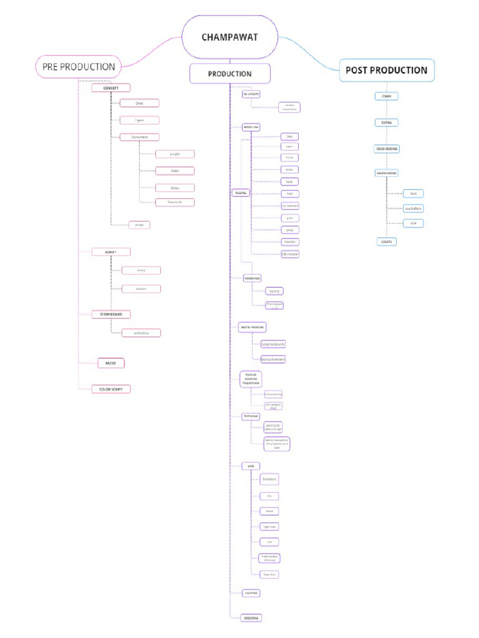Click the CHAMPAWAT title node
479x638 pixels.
(x=230, y=37)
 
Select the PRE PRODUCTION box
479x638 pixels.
(x=79, y=67)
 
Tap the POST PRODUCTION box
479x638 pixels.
(x=387, y=70)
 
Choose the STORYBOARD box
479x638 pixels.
(x=111, y=314)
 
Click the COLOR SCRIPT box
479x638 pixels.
(x=111, y=389)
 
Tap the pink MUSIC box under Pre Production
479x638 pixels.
(x=111, y=363)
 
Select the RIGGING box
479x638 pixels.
(x=240, y=193)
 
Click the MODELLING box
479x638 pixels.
(x=251, y=126)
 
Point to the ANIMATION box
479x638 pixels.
(x=252, y=278)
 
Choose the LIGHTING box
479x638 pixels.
(x=251, y=593)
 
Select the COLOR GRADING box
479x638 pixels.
(x=387, y=149)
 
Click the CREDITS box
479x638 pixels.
(x=387, y=241)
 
